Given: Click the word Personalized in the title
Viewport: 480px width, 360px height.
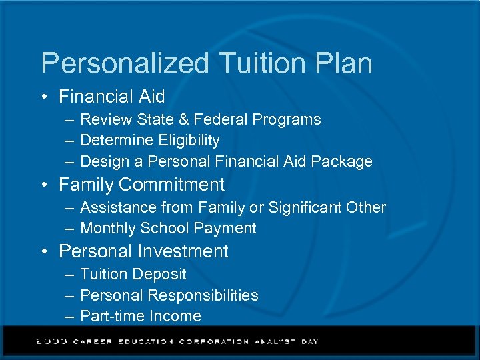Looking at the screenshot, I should coord(125,64).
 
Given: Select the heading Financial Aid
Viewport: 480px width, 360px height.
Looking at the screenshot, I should coord(112,97).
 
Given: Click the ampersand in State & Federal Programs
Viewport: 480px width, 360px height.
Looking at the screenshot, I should coord(185,120).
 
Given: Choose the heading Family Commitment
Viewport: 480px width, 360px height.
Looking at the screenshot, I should coord(142,185).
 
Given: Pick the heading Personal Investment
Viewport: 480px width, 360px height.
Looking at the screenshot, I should coord(144,251).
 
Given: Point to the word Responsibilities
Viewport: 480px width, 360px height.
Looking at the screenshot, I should coord(204,295).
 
